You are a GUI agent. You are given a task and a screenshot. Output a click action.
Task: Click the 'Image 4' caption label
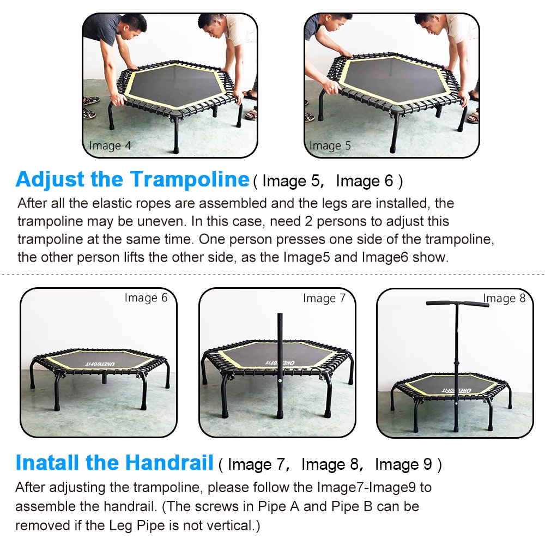110,146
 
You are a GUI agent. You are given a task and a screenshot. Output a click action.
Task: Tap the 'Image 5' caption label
330,146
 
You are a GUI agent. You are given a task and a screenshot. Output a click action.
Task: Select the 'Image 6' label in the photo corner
146,298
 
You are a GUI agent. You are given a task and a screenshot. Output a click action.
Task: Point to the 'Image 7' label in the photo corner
324,298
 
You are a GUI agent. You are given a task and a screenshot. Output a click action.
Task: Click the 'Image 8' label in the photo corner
504,298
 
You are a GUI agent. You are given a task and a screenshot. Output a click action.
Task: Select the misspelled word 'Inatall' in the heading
47,463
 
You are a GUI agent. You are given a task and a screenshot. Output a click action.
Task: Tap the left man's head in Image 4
132,25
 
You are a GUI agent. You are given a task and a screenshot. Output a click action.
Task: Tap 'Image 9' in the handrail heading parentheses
404,464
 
